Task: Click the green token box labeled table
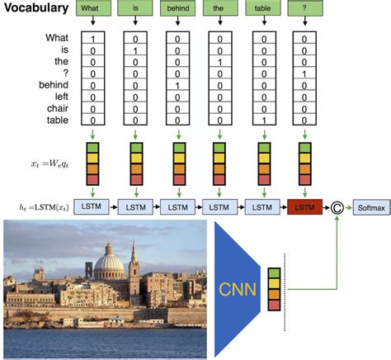(263, 9)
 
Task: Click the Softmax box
(370, 207)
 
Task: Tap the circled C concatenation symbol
(337, 208)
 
